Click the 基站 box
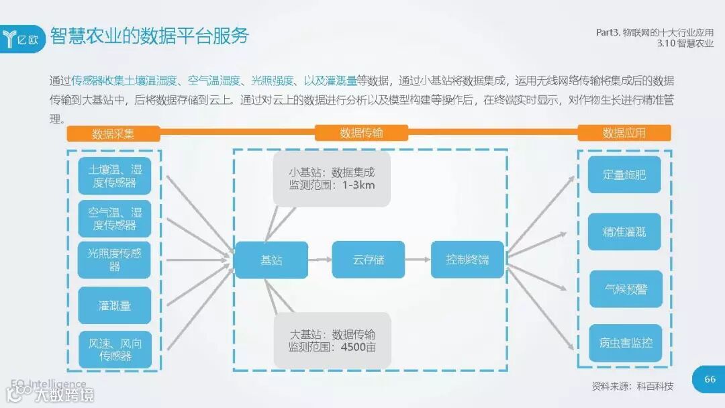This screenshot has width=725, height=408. coord(271,260)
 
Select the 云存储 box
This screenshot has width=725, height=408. coord(369,260)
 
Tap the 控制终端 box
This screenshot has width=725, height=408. coord(467,260)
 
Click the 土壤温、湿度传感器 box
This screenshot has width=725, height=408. coord(115,176)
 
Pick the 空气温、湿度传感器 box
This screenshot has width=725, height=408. coord(115,218)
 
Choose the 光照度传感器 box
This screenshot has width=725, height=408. coord(115,260)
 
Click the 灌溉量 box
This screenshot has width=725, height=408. coord(115,305)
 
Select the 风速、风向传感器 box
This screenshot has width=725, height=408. coord(115,349)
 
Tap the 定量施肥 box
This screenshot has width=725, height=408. coord(624,174)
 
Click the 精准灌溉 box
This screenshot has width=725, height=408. coord(624,232)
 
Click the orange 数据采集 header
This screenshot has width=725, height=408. coord(113,133)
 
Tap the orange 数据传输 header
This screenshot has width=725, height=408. coord(361,133)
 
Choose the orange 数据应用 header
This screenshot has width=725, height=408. coord(624,133)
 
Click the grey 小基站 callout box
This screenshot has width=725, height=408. coord(332,178)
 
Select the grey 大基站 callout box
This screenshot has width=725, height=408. coord(332,340)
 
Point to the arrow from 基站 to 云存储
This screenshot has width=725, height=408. coord(320,260)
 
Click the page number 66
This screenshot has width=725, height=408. coord(710,380)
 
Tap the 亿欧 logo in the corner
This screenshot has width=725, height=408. coord(24,38)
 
